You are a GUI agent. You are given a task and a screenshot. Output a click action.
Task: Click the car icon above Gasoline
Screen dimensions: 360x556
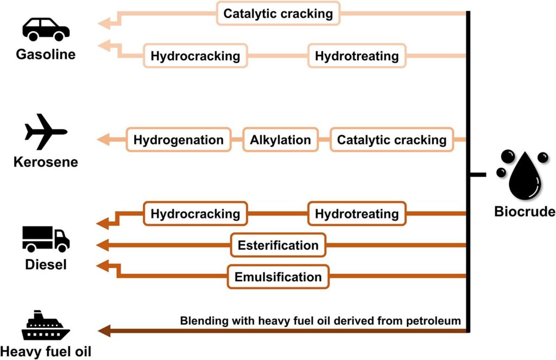pos(46,29)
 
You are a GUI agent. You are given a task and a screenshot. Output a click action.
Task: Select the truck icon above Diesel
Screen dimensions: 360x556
pos(46,239)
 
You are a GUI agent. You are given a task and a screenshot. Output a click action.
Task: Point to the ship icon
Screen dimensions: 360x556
pos(46,326)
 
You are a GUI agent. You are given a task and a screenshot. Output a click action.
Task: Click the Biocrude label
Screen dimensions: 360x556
pos(525,212)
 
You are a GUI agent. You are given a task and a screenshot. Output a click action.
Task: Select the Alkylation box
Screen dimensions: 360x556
pos(280,140)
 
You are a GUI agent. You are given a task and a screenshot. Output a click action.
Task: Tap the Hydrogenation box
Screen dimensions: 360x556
pos(179,140)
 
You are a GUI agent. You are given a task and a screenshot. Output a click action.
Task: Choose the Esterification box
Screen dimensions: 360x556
pos(278,245)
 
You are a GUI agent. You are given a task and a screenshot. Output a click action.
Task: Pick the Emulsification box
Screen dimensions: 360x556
pos(278,277)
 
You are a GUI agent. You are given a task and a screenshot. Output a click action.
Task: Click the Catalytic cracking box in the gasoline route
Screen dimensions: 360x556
pos(278,14)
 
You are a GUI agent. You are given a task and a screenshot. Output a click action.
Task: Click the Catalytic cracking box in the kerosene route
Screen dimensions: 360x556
pos(391,140)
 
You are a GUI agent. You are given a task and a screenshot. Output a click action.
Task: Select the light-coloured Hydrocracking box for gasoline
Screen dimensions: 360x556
pos(195,56)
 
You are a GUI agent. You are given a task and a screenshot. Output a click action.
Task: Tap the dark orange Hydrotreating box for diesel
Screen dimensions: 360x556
pos(357,214)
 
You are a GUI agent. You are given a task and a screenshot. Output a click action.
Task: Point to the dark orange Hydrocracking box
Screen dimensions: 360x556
pos(195,214)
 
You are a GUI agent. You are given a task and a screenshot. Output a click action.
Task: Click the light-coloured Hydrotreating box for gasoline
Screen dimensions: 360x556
pos(357,56)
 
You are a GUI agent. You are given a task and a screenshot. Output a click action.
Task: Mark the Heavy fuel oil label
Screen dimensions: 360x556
pos(46,351)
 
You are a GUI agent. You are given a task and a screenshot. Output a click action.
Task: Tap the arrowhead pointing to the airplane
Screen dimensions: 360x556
pos(102,140)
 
